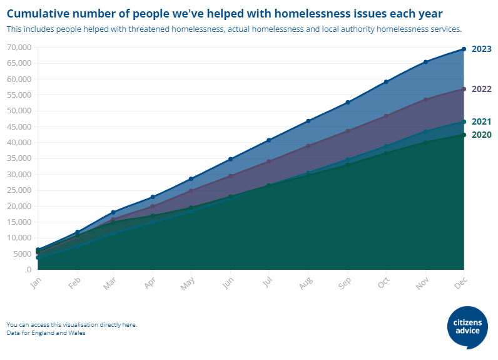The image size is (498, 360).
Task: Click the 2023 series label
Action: (481, 49)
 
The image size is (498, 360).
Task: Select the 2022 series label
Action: (481, 89)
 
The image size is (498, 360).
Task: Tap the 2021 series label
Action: (481, 121)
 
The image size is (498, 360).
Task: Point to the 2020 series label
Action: (481, 135)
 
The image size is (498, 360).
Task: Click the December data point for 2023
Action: (464, 49)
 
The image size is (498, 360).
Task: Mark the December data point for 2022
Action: (464, 89)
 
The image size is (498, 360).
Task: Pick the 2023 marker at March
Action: (113, 212)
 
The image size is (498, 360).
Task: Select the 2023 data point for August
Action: (308, 121)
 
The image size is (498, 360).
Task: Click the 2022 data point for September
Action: (347, 131)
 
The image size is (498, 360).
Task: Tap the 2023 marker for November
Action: (425, 62)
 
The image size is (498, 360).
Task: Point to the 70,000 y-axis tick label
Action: (19, 48)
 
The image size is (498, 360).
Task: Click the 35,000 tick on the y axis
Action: (19, 158)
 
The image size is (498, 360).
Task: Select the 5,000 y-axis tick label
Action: (22, 254)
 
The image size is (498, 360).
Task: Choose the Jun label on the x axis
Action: (228, 282)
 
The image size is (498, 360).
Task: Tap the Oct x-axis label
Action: (384, 282)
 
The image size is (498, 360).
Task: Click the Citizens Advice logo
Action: (468, 327)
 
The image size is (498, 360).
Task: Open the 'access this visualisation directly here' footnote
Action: (71, 324)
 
